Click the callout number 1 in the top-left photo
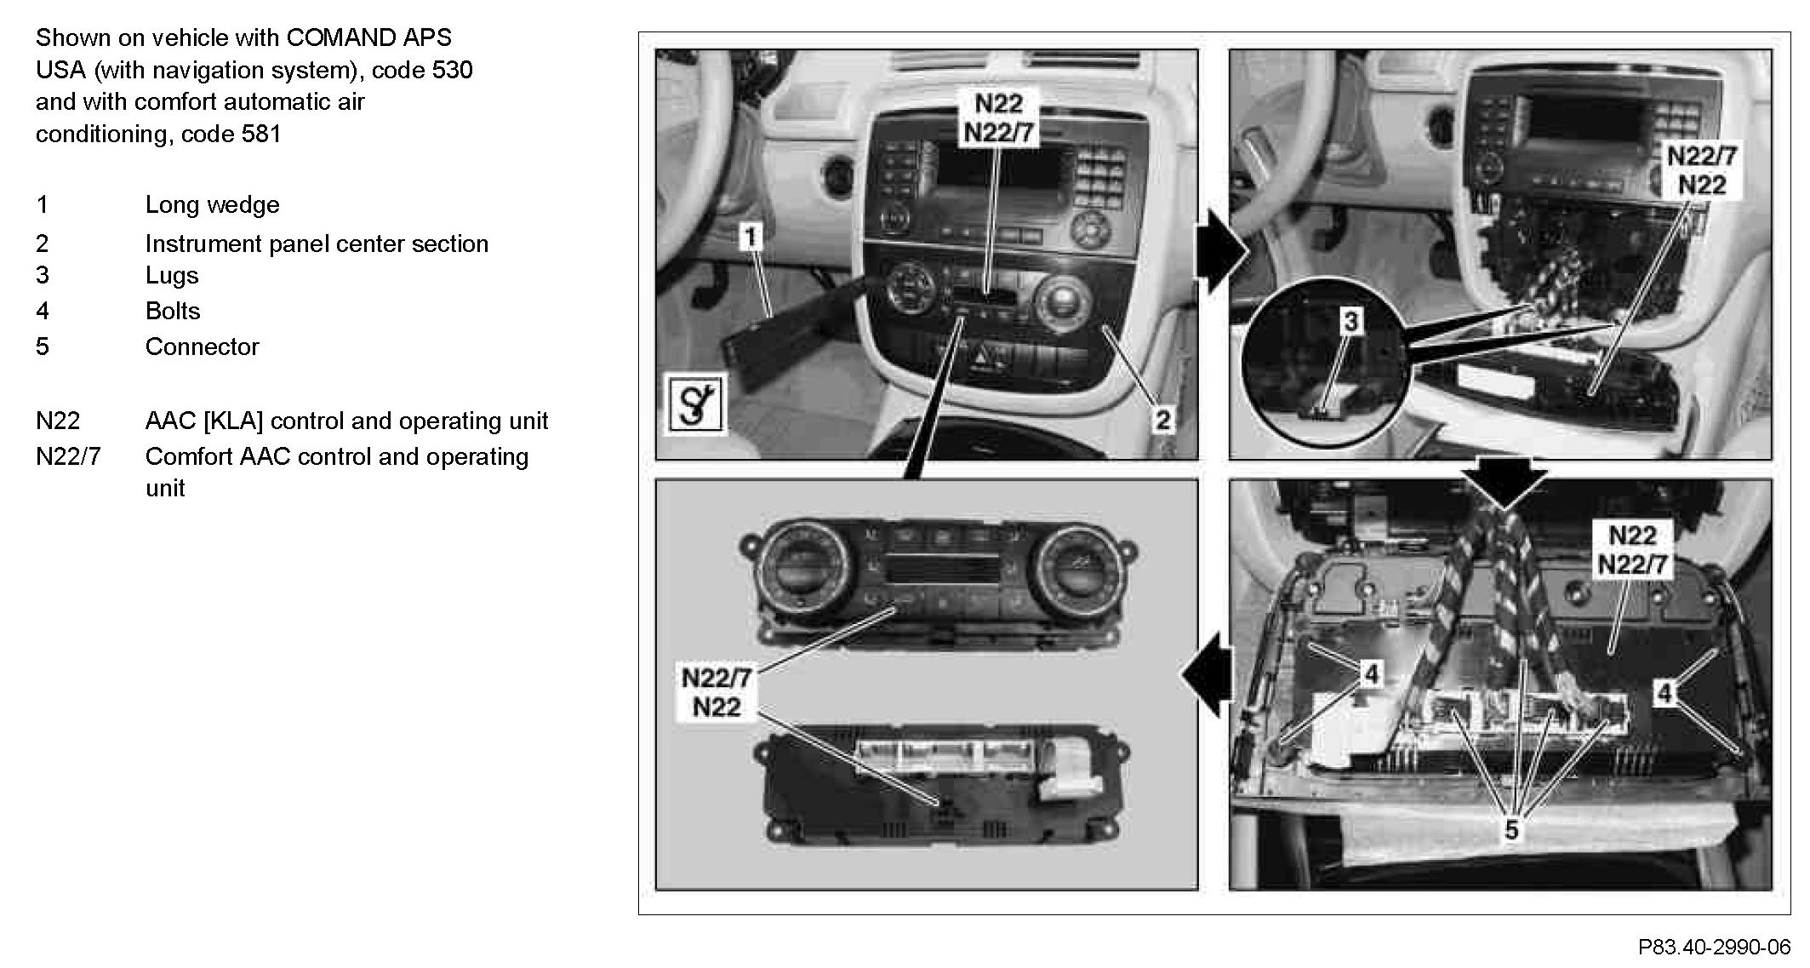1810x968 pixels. pos(750,237)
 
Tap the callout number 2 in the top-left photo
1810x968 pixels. pos(1162,419)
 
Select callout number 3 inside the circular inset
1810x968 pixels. pos(1350,321)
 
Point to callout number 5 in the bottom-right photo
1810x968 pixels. pos(1511,829)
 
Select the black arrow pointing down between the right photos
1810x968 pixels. pos(1505,482)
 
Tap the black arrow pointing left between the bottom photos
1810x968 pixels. pos(1208,674)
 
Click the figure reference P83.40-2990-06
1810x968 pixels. pos(1714,947)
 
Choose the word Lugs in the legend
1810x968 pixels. pos(172,275)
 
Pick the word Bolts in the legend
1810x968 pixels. pos(173,311)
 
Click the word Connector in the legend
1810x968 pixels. pos(202,347)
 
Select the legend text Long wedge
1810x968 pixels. pos(212,204)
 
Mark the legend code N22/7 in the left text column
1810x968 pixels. pos(68,456)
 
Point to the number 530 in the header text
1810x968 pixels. pos(452,70)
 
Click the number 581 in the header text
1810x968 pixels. pos(260,134)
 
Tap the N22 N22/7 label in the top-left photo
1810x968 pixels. pos(998,118)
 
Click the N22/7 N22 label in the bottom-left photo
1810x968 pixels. pos(717,693)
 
